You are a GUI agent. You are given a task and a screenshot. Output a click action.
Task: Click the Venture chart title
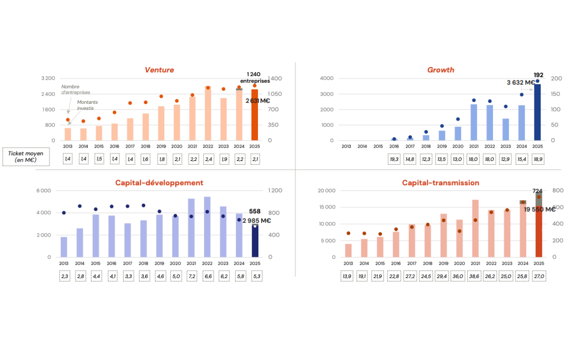[159, 70]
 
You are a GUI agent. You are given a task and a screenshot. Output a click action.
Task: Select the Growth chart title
[440, 70]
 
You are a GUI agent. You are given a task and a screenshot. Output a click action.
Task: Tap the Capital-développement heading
[159, 183]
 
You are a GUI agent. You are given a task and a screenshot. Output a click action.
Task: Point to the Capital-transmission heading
[440, 183]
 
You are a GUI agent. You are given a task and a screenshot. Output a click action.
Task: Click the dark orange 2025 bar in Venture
[255, 115]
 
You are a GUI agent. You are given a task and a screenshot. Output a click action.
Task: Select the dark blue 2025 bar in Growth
[537, 112]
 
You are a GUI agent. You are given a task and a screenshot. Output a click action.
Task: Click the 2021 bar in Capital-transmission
[475, 229]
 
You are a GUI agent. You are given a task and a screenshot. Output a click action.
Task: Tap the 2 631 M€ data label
[258, 101]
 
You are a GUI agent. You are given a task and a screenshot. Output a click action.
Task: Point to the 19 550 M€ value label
[540, 210]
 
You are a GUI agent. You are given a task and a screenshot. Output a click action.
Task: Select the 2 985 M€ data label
[256, 220]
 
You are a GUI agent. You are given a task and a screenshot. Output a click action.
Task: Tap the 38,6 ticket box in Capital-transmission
[475, 276]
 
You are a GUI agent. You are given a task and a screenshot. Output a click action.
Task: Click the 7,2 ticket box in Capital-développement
[191, 276]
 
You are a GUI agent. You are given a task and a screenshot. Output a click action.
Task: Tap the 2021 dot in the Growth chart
[474, 100]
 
